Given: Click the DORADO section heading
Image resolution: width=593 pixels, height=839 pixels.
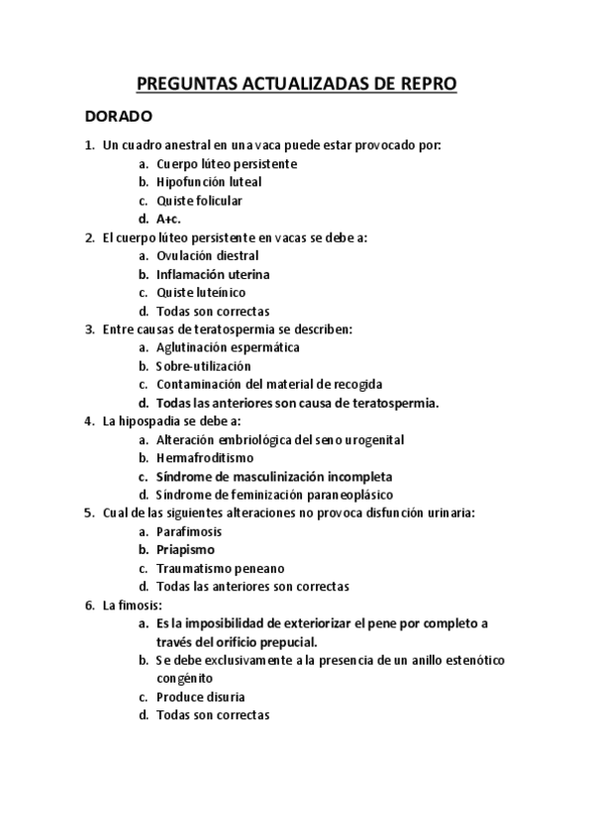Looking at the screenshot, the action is pyautogui.click(x=118, y=117).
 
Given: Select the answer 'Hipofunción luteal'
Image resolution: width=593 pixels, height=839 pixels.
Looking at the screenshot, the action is pyautogui.click(x=209, y=182).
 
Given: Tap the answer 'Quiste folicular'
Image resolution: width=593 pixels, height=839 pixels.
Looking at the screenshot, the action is pyautogui.click(x=199, y=201).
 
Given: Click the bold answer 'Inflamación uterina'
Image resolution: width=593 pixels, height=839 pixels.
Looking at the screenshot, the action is pyautogui.click(x=213, y=274).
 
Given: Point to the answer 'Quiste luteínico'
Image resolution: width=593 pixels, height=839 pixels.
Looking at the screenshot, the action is pyautogui.click(x=201, y=293).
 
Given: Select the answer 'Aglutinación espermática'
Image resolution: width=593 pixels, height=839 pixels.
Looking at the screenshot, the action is pyautogui.click(x=228, y=347).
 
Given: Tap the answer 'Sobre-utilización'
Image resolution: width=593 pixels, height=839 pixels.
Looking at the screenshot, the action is pyautogui.click(x=204, y=366).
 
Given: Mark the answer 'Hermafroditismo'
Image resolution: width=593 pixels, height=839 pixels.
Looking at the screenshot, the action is pyautogui.click(x=204, y=458).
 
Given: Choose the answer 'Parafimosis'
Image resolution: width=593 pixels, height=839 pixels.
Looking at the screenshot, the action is pyautogui.click(x=189, y=531).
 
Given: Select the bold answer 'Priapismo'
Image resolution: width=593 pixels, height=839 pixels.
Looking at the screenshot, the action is pyautogui.click(x=185, y=549).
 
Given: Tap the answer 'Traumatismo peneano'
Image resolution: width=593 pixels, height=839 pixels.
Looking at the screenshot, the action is pyautogui.click(x=220, y=568).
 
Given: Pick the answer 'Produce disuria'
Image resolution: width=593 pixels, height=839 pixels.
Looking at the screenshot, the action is pyautogui.click(x=200, y=697).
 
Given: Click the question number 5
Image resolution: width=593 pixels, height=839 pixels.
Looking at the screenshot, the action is pyautogui.click(x=89, y=513).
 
